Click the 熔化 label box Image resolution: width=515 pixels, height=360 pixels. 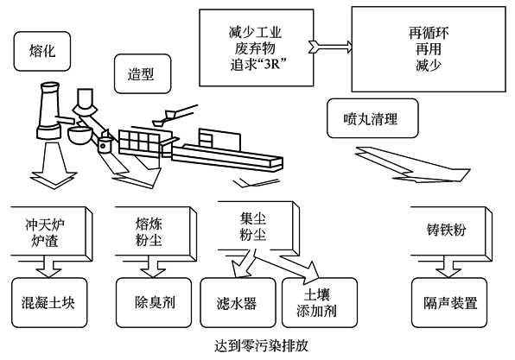pos(42,51)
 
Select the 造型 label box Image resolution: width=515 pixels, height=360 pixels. pos(143,74)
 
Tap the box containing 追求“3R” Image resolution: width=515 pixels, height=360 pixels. pos(257,47)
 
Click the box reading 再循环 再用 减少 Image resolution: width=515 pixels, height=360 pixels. pos(429,49)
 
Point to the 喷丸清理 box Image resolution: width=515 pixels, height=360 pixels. pos(372,118)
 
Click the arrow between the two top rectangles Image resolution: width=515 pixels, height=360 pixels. pos(330,47)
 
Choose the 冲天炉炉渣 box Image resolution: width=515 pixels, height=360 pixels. pos(52,231)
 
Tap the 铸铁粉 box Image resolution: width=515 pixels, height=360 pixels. pos(452,231)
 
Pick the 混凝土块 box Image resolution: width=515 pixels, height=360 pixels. pos(49,302)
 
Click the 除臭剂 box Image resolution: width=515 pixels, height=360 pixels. pos(154,302)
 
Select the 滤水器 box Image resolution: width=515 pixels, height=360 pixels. pos(238,302)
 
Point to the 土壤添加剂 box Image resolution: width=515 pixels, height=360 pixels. pos(320,302)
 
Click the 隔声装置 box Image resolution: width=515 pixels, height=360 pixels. pos(449,302)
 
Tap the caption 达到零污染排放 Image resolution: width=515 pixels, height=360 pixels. pos(261,345)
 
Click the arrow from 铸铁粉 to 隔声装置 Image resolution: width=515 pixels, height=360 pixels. pos(448,267)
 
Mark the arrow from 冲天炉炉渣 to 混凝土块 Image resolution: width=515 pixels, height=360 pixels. pos(48,267)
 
